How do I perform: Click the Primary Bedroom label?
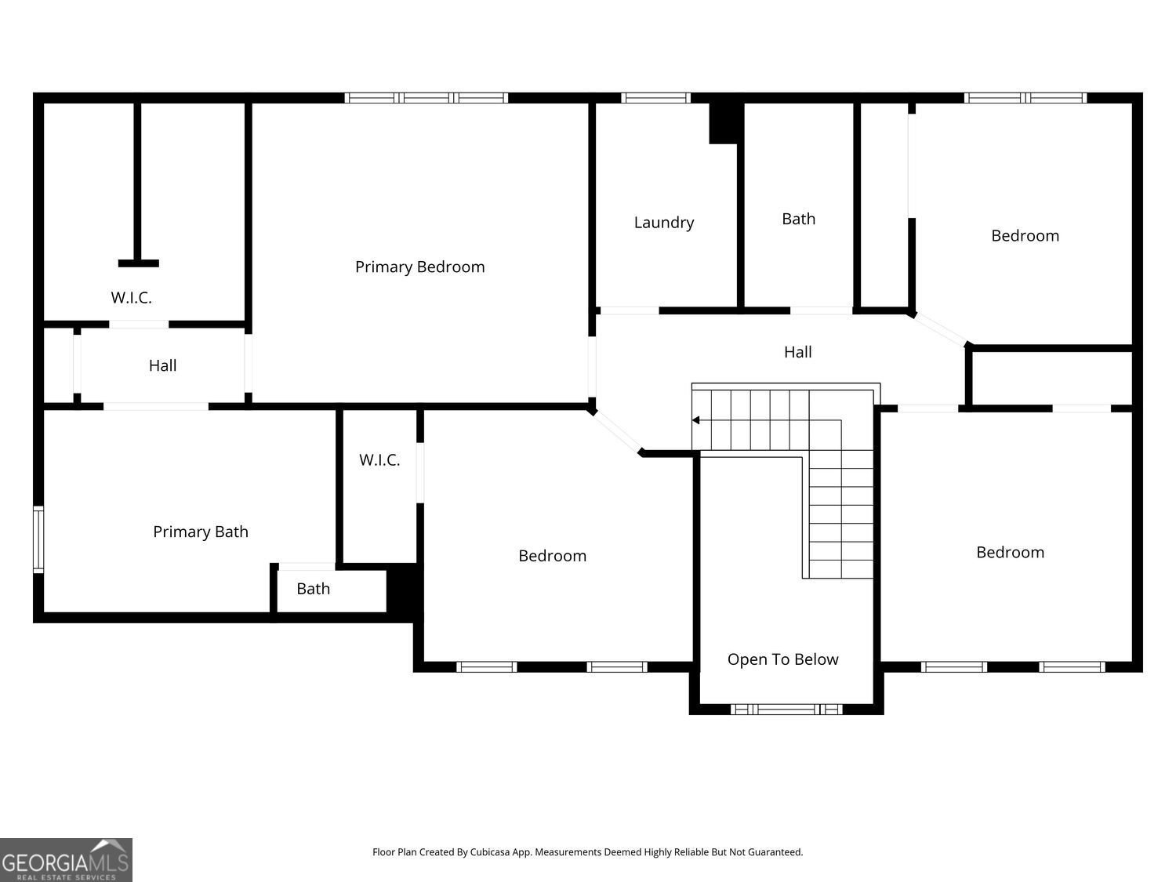pos(419,267)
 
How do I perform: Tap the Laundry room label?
pos(664,222)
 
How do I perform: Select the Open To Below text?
pos(782,659)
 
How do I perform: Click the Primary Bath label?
pos(201,532)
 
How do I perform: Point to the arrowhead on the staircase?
pos(695,420)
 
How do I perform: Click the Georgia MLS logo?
pos(66,860)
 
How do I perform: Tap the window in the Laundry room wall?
pos(655,98)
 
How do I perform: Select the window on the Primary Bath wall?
pos(38,539)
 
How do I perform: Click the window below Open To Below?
pos(786,710)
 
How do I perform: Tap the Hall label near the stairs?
pos(798,352)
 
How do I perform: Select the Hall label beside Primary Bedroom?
pos(162,365)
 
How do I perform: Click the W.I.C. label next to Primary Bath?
pos(379,460)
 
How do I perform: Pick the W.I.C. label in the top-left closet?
pos(131,298)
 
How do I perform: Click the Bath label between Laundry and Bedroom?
pos(798,219)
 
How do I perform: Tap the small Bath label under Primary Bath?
pos(313,589)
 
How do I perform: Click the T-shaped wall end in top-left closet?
pos(138,263)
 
